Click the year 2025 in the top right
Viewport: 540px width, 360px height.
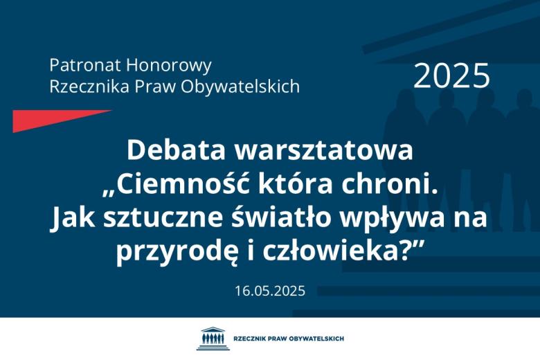[451, 76]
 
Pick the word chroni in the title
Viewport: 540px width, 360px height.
[391, 185]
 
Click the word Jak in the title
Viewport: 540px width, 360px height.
[71, 219]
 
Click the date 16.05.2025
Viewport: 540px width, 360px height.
[270, 291]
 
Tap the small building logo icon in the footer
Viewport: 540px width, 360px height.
[211, 339]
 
